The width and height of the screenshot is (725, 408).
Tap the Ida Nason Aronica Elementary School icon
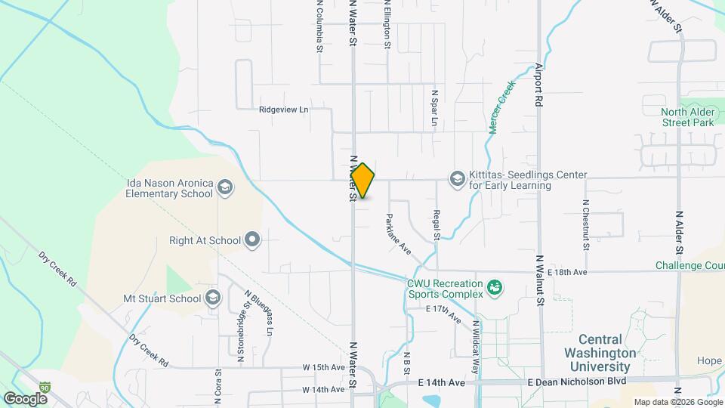pos(224,187)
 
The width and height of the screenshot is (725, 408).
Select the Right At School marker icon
pos(252,241)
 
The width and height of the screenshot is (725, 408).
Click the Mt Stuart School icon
pos(213,298)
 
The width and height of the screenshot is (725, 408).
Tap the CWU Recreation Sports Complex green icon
pos(495,287)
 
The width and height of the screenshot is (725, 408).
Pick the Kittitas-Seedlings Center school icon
pos(456,179)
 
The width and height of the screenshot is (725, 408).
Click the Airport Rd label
pos(538,82)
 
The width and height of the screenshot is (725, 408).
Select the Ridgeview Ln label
pos(284,109)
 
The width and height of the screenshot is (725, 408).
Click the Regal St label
pos(437,225)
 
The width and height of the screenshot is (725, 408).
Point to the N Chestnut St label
pos(585,224)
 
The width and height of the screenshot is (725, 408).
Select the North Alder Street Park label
pos(687,117)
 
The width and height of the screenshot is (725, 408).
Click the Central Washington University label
pos(601,353)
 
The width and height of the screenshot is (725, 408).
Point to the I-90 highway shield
pos(46,386)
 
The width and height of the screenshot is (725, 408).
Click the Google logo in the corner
pos(25,398)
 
